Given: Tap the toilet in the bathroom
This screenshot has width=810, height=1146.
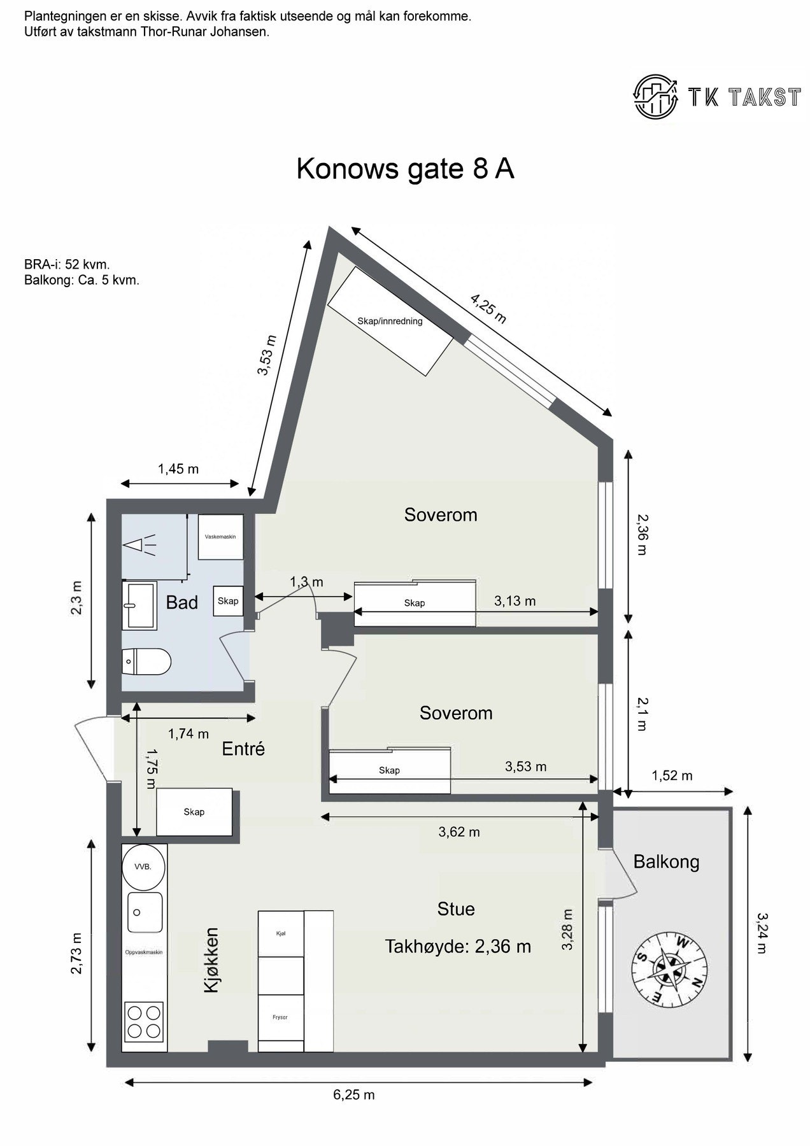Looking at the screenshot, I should pos(146,661).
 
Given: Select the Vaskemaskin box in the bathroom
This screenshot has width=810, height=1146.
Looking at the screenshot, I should pos(220,537).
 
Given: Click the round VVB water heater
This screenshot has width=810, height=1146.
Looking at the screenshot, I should pos(143,867).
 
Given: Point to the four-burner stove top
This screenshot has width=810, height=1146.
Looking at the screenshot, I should pos(143,1021).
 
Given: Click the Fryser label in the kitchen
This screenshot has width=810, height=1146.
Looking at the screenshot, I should pos(281,1017).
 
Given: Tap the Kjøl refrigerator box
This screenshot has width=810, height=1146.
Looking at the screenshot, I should pos(281,933).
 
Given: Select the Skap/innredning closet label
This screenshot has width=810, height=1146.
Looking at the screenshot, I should pos(390,322).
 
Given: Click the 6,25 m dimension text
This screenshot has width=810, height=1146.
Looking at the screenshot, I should pos(353,1095).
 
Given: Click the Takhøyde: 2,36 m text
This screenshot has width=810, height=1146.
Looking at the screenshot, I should pos(457,947).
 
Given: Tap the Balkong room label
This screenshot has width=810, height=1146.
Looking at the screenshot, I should pos(666,862).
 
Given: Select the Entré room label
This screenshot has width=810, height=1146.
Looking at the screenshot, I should pos(243,749).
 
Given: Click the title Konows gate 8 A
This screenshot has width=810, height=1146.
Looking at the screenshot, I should pos(405,169).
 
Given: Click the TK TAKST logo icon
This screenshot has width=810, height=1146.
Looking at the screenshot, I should pos(656,96).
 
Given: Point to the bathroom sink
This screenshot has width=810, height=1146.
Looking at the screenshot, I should pos(139,605).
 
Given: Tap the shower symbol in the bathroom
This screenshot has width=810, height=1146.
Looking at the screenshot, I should pos(139,545).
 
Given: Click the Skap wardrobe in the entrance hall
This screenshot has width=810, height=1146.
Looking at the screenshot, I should pos(194,812).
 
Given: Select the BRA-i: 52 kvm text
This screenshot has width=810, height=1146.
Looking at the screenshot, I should pos(67,264).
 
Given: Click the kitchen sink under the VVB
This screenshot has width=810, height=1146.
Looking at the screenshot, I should pos(145,912).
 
